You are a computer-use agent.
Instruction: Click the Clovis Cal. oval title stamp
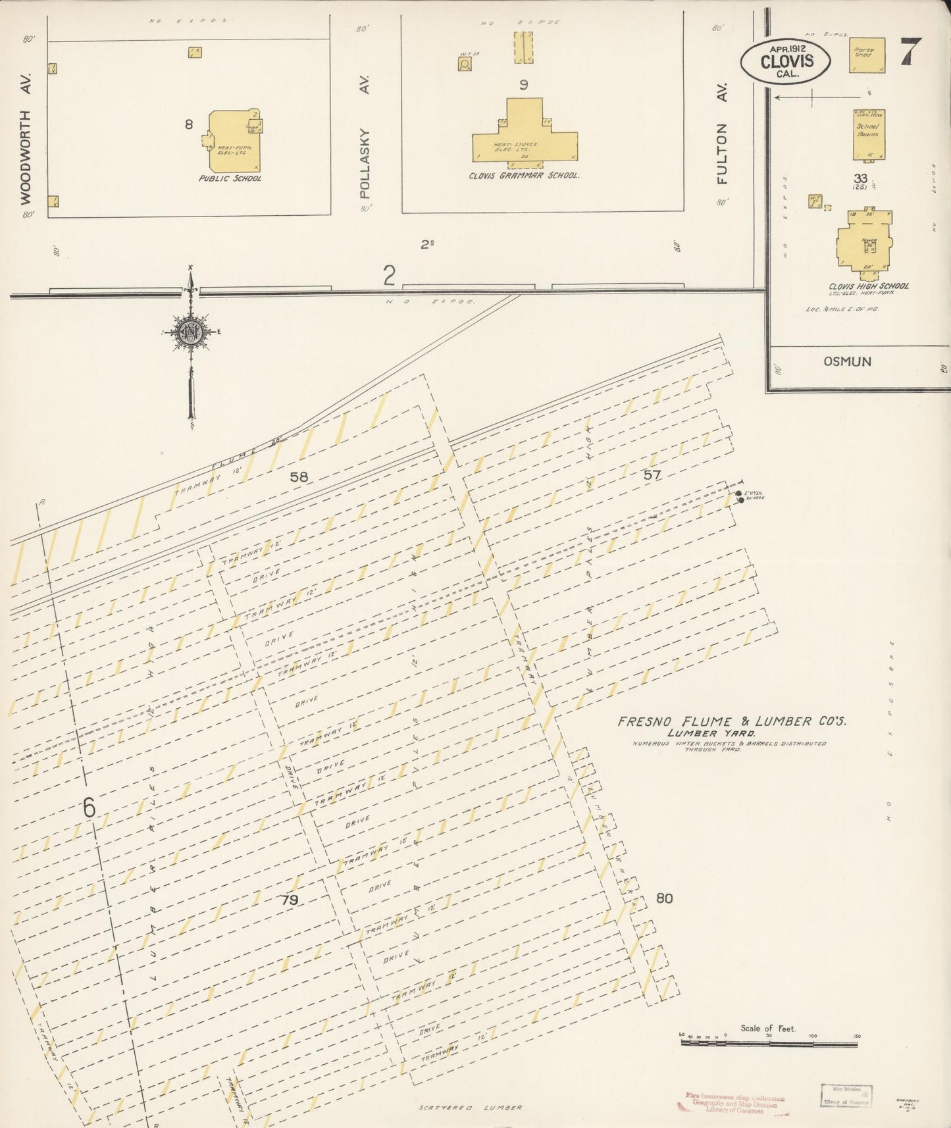coord(786,61)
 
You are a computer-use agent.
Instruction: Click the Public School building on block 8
coord(234,141)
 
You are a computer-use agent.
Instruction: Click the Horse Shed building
coord(866,55)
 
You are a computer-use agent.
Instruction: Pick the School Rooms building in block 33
coord(869,135)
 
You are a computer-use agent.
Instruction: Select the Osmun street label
coord(847,361)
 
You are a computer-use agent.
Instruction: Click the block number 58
coord(299,476)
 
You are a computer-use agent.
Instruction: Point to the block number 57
coord(652,474)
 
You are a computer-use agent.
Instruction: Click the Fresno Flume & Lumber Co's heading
coord(731,721)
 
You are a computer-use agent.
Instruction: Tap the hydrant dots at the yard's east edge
coord(739,497)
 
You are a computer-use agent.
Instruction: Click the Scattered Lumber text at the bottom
coord(471,1108)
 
